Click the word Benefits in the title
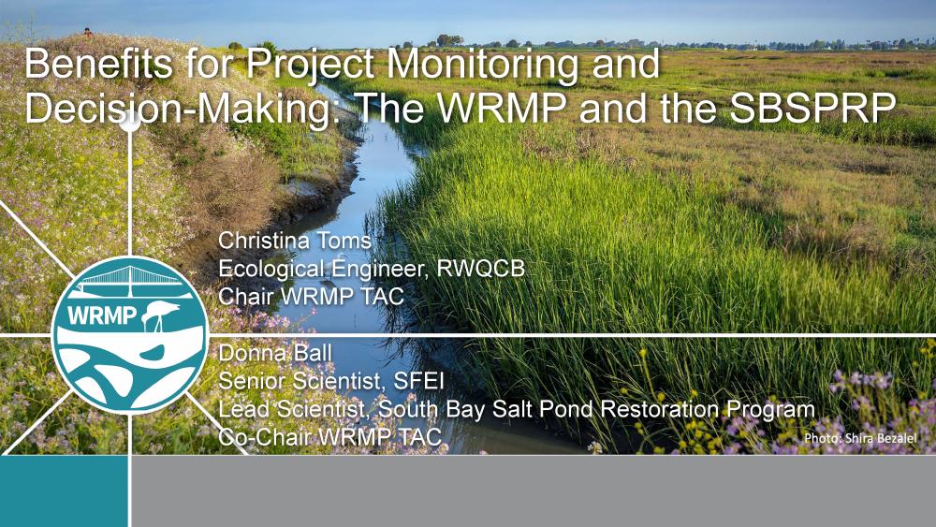99,64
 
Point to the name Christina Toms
295,241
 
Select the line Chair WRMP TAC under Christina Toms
311,296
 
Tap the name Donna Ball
274,353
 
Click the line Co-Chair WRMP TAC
329,437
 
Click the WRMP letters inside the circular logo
102,315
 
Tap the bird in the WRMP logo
160,315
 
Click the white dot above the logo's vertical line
130,121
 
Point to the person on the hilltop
88,32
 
